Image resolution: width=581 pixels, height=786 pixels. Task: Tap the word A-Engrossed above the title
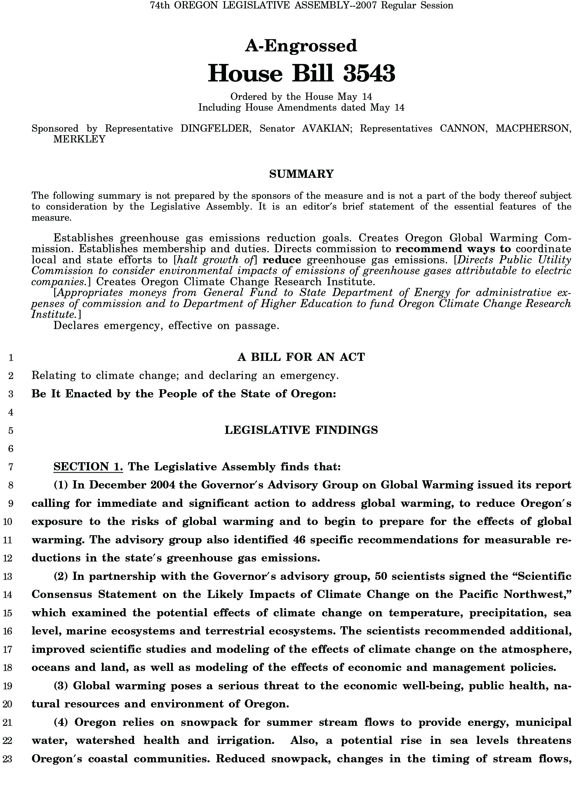(x=301, y=46)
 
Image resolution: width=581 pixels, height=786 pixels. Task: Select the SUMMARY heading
(x=301, y=174)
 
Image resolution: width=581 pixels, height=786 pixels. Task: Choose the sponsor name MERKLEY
(x=79, y=140)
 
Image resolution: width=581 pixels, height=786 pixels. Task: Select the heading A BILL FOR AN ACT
(x=301, y=357)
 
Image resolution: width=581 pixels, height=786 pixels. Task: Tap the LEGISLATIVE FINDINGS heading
(x=301, y=430)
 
